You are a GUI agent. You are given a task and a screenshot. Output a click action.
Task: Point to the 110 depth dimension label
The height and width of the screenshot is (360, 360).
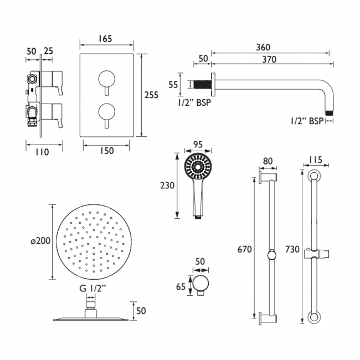point(42,151)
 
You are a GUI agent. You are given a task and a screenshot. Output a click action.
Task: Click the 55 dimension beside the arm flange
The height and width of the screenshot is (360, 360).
point(173,85)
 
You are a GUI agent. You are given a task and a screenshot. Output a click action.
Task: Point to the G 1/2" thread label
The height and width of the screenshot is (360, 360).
point(90,287)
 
